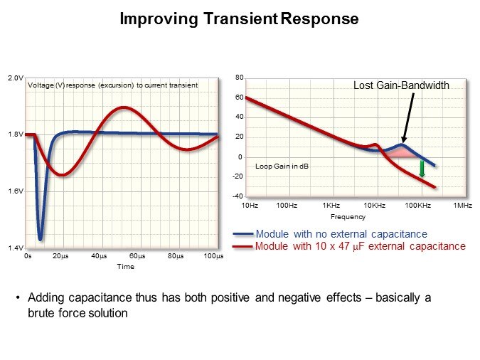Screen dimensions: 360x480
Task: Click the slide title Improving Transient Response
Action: click(x=239, y=19)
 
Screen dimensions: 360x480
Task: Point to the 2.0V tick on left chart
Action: click(x=16, y=78)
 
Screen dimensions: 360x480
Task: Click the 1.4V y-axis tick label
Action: click(x=16, y=248)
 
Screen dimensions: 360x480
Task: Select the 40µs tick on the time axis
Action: click(x=99, y=255)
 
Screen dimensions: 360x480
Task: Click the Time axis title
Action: click(x=125, y=267)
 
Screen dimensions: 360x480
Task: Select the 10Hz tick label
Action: click(x=250, y=206)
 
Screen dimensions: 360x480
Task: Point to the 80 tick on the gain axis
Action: click(x=240, y=77)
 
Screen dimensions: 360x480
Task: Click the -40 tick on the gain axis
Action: click(x=238, y=196)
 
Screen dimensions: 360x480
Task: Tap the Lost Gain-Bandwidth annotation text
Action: click(x=401, y=85)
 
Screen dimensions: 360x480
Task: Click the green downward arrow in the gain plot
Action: click(x=422, y=169)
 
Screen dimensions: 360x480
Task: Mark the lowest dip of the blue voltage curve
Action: click(x=41, y=238)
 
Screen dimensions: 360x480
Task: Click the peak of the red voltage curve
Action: click(x=124, y=107)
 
